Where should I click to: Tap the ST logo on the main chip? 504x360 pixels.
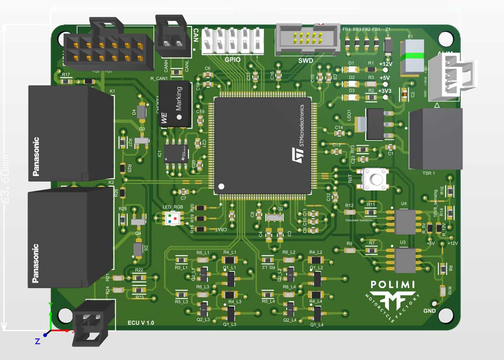pyautogui.click(x=297, y=155)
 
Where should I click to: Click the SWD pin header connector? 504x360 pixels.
pyautogui.click(x=307, y=39)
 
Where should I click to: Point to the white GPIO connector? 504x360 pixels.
pyautogui.click(x=233, y=41)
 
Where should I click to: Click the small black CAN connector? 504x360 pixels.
pyautogui.click(x=171, y=38)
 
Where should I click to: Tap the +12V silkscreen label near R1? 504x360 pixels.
pyautogui.click(x=385, y=64)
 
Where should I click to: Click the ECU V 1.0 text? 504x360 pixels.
pyautogui.click(x=141, y=323)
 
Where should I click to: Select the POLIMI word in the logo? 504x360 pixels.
pyautogui.click(x=393, y=285)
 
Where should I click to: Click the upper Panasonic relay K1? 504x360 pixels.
pyautogui.click(x=71, y=134)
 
